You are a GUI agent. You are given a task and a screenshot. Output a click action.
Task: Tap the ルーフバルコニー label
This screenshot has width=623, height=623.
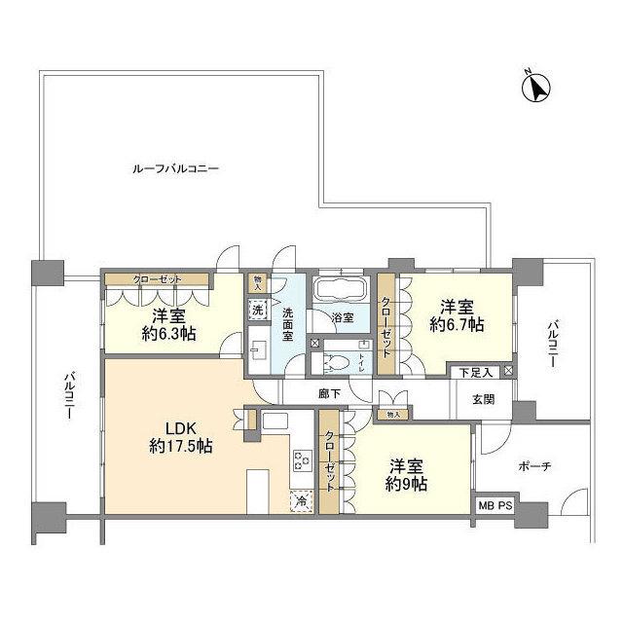coord(176,168)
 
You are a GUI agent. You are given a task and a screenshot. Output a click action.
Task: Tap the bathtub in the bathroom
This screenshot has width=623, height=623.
coord(338,290)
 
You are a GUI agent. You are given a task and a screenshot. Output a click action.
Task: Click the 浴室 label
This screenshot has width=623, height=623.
coord(341,318)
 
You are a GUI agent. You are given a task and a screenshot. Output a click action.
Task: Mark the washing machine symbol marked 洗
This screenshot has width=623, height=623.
coord(258,308)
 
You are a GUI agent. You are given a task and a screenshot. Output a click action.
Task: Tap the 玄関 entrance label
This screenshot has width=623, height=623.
coord(484,398)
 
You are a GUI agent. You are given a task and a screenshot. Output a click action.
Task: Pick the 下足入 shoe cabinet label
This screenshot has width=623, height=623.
coord(477,372)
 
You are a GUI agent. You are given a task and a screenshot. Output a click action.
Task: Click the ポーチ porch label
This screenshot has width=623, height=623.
coord(535,466)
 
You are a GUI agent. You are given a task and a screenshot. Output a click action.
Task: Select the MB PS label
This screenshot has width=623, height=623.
coord(495,507)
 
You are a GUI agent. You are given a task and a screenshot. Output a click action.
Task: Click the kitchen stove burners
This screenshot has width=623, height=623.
coord(302,463)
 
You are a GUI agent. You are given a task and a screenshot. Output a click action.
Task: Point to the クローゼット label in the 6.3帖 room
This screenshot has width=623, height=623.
coord(158,280)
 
